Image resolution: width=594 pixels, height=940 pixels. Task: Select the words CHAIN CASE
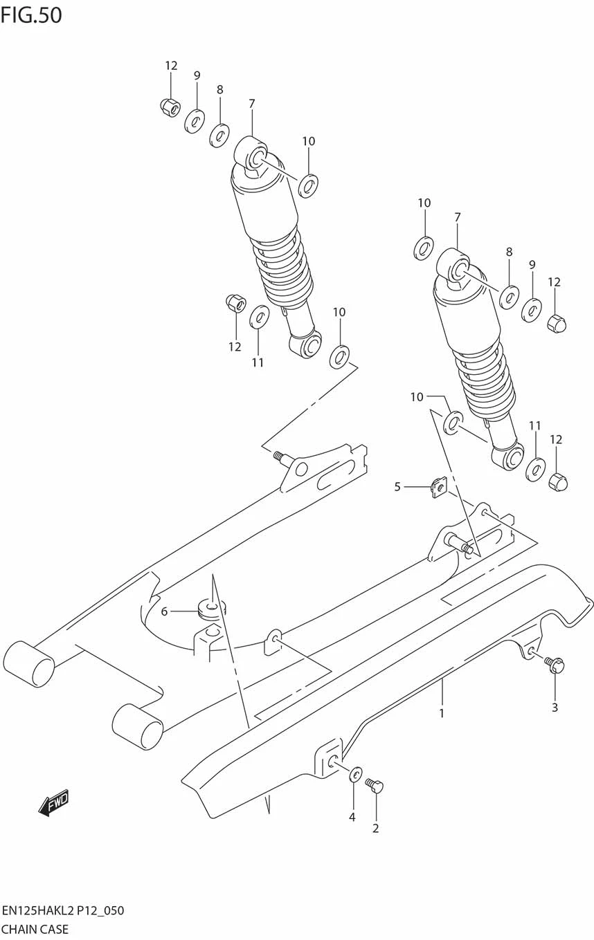tap(35, 929)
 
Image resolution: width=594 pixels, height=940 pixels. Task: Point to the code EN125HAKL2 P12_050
tap(63, 910)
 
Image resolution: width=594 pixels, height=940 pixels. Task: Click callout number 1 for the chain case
tap(442, 712)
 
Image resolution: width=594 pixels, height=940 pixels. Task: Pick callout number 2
tap(375, 828)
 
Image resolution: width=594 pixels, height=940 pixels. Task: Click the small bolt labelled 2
tap(374, 785)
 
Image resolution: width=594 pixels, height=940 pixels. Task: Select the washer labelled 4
tap(355, 773)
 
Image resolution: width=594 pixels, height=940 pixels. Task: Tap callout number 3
tap(555, 707)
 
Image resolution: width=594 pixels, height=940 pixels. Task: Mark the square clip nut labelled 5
tap(438, 488)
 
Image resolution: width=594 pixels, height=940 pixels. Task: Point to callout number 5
tap(397, 487)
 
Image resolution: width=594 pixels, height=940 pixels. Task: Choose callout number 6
tap(164, 611)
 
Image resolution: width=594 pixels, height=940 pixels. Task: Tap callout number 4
tap(352, 817)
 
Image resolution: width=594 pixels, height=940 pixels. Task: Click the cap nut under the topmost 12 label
tap(170, 107)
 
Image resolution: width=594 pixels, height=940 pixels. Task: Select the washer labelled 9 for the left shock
tap(195, 122)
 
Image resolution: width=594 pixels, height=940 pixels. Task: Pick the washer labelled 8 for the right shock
tap(509, 297)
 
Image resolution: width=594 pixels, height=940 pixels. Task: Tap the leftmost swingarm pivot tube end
tap(29, 665)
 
